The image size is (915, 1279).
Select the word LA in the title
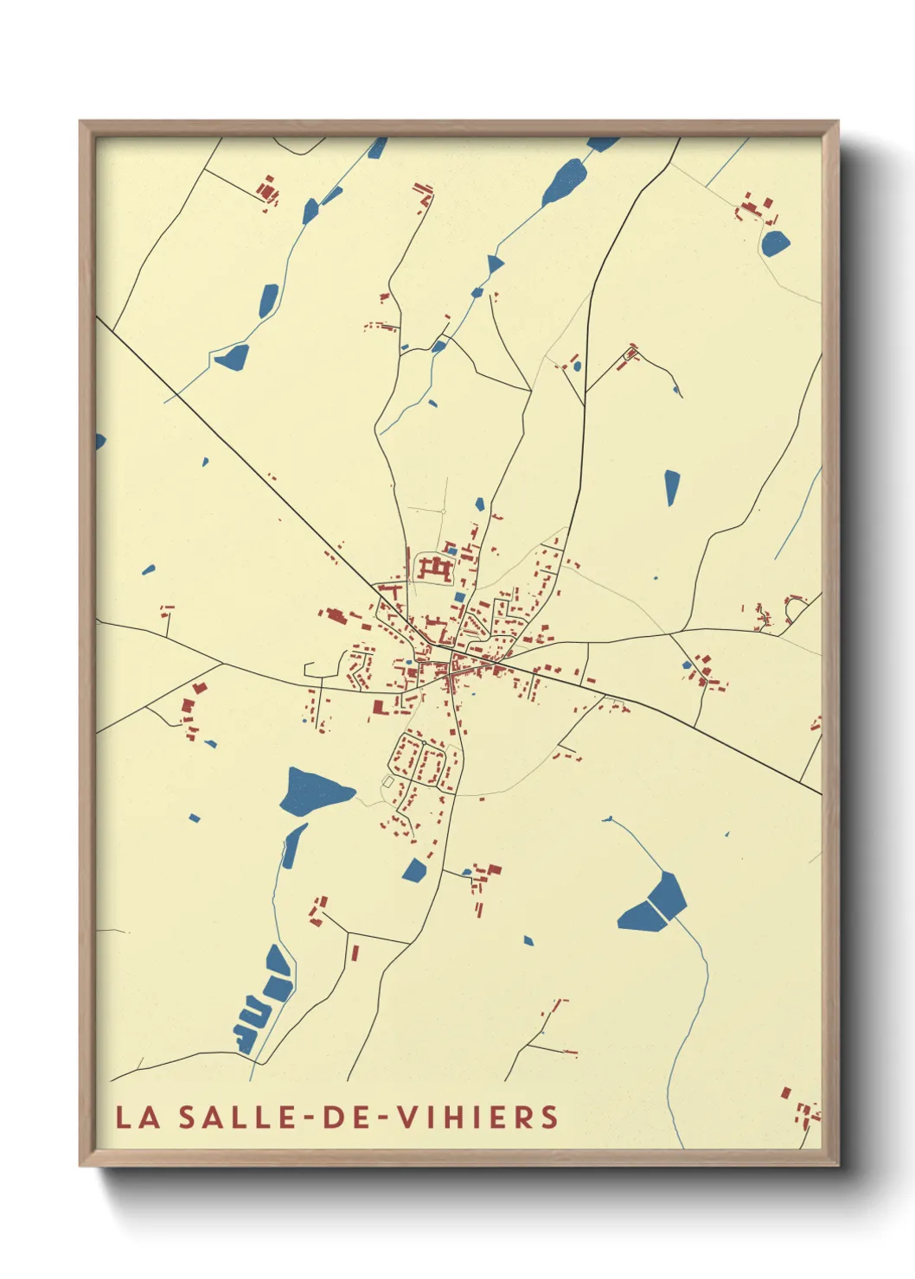click(x=138, y=1117)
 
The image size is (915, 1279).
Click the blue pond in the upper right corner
click(x=775, y=243)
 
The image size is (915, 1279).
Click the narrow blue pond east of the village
click(x=672, y=487)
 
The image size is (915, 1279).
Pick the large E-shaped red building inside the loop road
click(x=435, y=570)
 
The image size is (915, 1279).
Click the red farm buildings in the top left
click(x=268, y=190)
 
